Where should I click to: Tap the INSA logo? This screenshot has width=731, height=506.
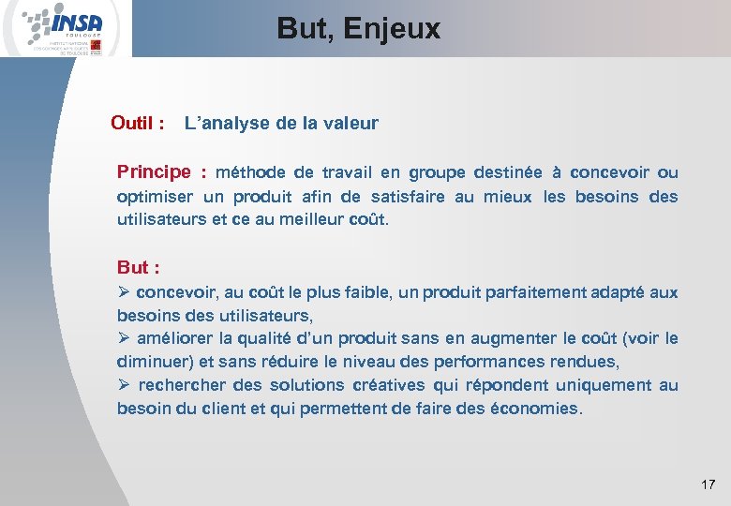(x=66, y=28)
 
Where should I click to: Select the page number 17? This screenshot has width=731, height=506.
(x=708, y=484)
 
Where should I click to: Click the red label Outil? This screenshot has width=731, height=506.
(x=133, y=123)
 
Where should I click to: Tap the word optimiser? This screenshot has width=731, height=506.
(x=155, y=197)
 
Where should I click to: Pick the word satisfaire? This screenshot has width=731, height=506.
(x=410, y=197)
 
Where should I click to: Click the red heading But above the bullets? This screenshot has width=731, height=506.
(x=132, y=268)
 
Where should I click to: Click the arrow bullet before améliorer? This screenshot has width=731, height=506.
(x=124, y=338)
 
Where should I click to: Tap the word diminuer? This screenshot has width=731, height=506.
(x=151, y=362)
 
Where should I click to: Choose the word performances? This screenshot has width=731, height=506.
(x=504, y=362)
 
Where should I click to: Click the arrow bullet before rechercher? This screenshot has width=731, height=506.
(x=124, y=385)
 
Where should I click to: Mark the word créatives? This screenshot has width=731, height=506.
(x=389, y=385)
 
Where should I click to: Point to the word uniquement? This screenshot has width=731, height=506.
(x=601, y=385)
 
